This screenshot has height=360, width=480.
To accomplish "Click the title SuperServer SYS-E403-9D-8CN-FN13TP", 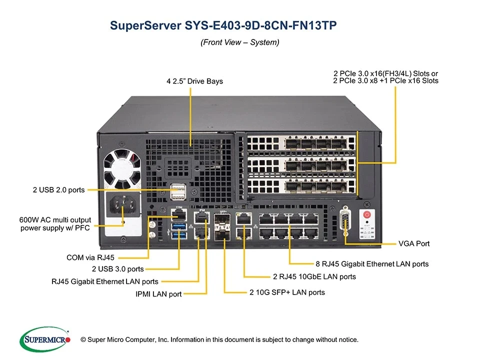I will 223,25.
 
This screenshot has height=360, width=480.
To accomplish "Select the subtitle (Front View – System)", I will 239,42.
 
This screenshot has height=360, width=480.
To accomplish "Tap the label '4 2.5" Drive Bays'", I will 194,81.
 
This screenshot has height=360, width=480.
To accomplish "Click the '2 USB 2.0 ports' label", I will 58,189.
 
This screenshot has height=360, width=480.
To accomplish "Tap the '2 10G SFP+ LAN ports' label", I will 287,292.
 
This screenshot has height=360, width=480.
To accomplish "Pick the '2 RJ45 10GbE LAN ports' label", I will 314,276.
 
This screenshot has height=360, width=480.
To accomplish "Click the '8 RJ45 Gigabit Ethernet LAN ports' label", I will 372,263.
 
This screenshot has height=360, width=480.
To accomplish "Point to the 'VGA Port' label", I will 414,243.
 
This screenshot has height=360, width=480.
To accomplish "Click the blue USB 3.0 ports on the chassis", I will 178,231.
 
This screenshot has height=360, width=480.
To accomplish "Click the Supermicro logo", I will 44,339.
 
